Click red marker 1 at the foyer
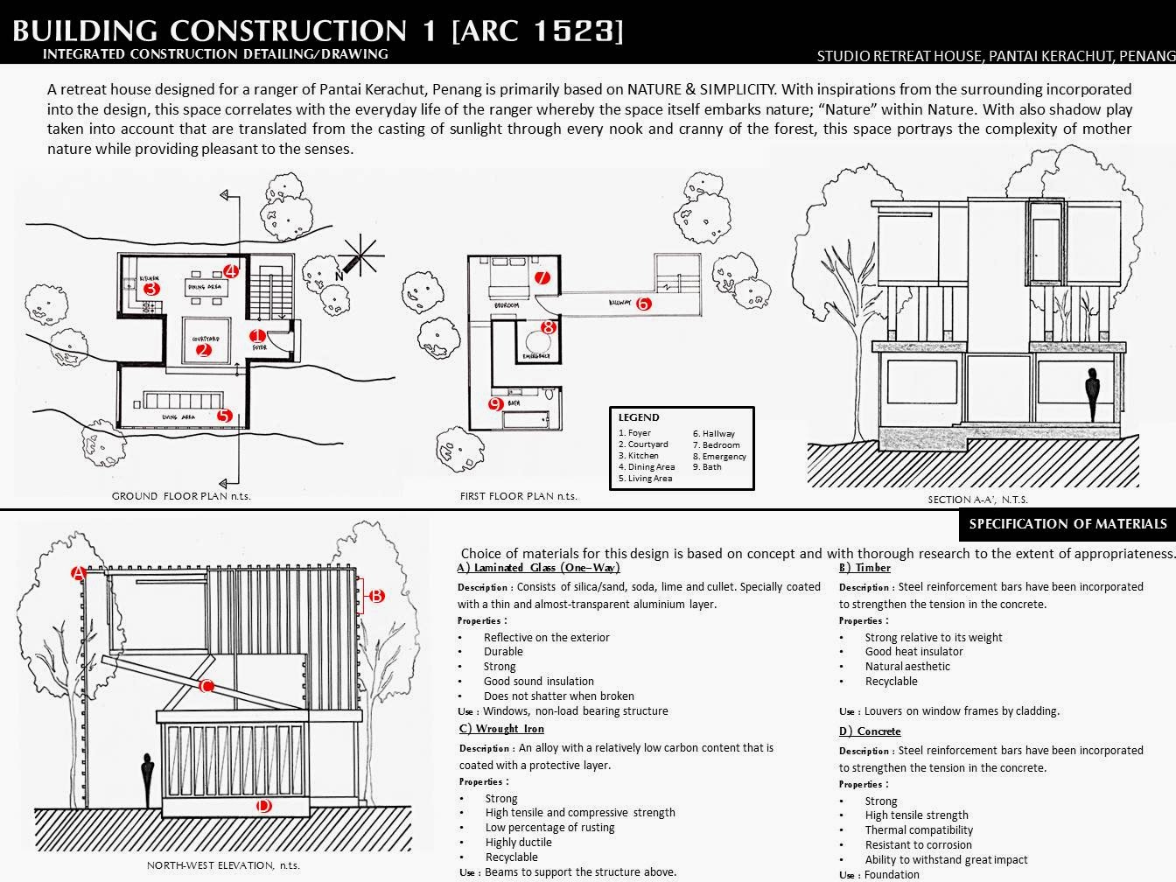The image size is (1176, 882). tap(257, 336)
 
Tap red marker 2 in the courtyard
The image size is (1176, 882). tap(204, 351)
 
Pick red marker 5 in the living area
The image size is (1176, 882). tap(224, 416)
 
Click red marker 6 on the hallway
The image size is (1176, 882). tap(644, 304)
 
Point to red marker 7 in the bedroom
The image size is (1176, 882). tap(542, 278)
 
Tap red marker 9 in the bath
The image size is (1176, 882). tap(495, 404)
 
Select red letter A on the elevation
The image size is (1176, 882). tap(78, 574)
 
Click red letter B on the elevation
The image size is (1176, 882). tap(376, 596)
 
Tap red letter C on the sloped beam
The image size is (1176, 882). tap(207, 686)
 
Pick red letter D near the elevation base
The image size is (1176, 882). tap(263, 807)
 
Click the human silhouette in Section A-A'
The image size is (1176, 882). tap(1091, 395)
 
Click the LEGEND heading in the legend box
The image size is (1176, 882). tap(639, 417)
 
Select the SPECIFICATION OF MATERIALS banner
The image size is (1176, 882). tap(1067, 524)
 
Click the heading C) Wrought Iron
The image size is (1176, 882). tap(501, 729)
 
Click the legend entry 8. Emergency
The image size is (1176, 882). tap(719, 456)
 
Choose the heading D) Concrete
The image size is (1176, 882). tap(870, 731)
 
